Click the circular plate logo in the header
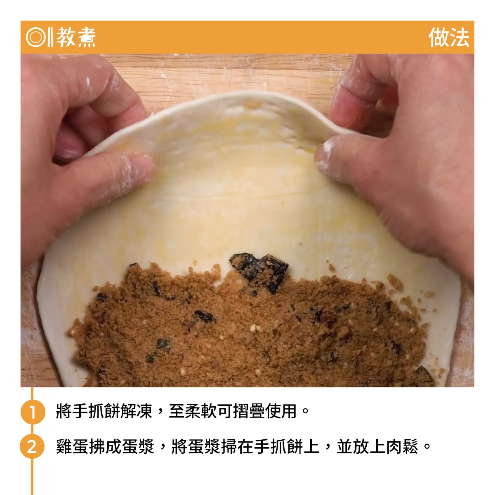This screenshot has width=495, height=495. tap(36, 37)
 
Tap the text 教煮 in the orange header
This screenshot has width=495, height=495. tap(76, 37)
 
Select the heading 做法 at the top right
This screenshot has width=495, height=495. tap(449, 37)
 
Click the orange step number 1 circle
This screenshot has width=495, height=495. tap(33, 412)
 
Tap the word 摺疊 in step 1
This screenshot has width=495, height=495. tap(249, 412)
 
